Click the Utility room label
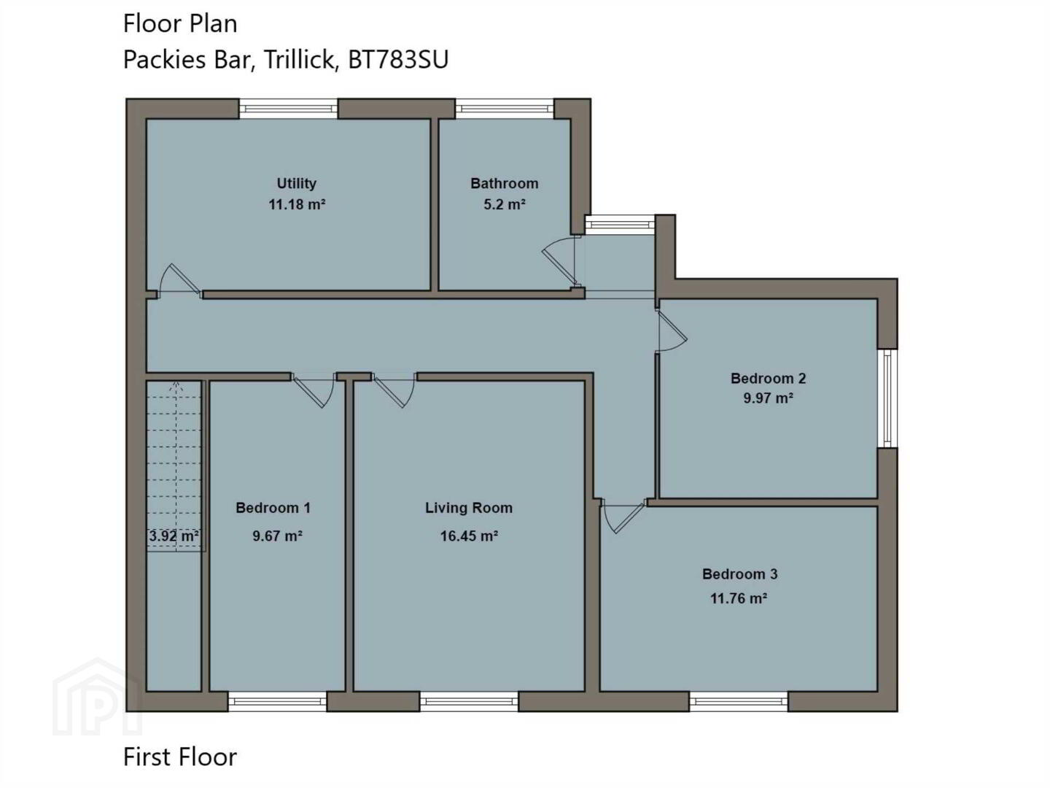pyautogui.click(x=297, y=183)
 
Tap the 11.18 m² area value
pyautogui.click(x=297, y=205)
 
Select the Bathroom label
pyautogui.click(x=504, y=183)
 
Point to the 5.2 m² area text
pyautogui.click(x=504, y=205)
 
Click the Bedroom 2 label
pyautogui.click(x=769, y=379)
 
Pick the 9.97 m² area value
pyautogui.click(x=769, y=398)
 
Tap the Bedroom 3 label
pyautogui.click(x=739, y=574)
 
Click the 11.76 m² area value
pyautogui.click(x=739, y=598)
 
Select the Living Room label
pyautogui.click(x=469, y=508)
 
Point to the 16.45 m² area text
pyautogui.click(x=469, y=536)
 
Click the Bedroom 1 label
pyautogui.click(x=273, y=508)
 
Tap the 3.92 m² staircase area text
pyautogui.click(x=174, y=536)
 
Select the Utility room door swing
pyautogui.click(x=179, y=280)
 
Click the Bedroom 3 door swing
pyautogui.click(x=623, y=517)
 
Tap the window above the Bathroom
pyautogui.click(x=504, y=109)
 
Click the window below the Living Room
pyautogui.click(x=469, y=701)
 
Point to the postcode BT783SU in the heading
pyautogui.click(x=398, y=60)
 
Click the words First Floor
pyautogui.click(x=180, y=757)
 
